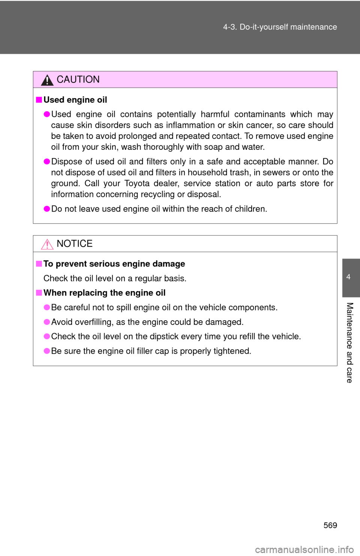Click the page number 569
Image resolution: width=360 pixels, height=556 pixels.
pyautogui.click(x=330, y=525)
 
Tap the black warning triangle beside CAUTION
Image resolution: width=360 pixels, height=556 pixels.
pyautogui.click(x=47, y=81)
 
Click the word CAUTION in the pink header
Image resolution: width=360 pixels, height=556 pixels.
pyautogui.click(x=78, y=79)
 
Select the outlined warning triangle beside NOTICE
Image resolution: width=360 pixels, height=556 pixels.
pyautogui.click(x=47, y=244)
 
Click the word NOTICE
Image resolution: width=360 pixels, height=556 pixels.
pyautogui.click(x=75, y=244)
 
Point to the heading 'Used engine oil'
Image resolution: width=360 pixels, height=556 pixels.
pyautogui.click(x=75, y=100)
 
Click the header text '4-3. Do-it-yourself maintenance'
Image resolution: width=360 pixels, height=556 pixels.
pyautogui.click(x=280, y=27)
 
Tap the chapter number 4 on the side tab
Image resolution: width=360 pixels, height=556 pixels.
pyautogui.click(x=348, y=277)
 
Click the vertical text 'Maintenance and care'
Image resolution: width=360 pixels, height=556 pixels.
pyautogui.click(x=349, y=342)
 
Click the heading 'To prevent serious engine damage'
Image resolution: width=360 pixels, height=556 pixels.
pyautogui.click(x=114, y=264)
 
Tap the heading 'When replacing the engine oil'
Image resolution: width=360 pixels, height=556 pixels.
pyautogui.click(x=105, y=293)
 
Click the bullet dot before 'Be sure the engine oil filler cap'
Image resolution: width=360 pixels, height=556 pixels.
pyautogui.click(x=47, y=351)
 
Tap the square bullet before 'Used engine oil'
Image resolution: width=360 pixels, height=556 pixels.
pyautogui.click(x=39, y=100)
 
